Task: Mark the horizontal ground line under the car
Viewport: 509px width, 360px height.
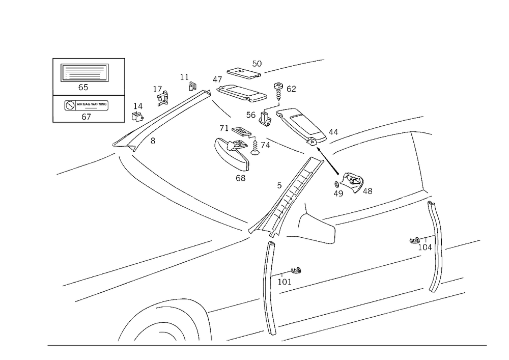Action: point(265,345)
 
